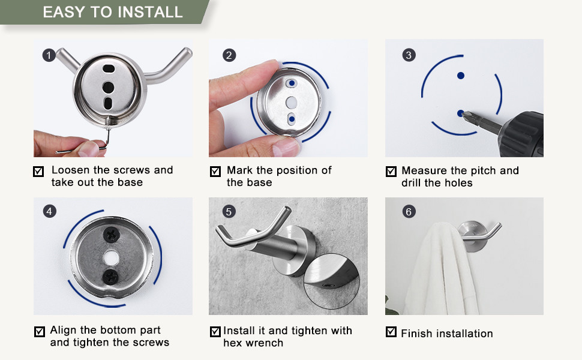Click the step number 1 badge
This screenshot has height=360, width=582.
point(49,56)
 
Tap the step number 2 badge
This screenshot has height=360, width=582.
point(229,56)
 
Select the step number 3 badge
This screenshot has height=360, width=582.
point(409,56)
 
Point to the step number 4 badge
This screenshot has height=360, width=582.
point(49,211)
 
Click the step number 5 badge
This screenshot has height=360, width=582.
point(229,211)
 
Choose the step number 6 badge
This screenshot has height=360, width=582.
point(409,211)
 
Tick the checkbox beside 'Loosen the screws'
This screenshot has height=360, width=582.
point(39,172)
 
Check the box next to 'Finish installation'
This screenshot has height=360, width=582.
point(391,332)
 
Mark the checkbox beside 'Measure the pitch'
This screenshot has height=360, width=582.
point(391,172)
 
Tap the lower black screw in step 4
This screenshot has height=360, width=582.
point(110,276)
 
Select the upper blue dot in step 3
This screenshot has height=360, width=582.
point(461,76)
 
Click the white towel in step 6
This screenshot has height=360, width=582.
point(435,270)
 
